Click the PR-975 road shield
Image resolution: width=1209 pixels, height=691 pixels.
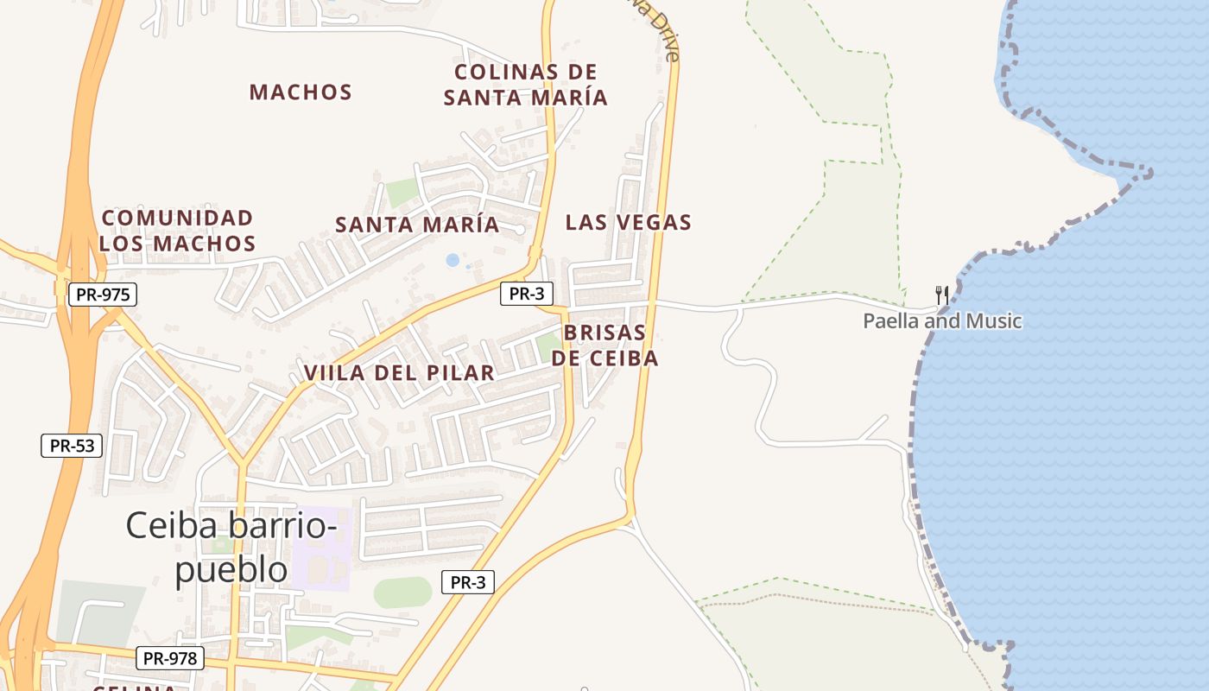click(x=103, y=295)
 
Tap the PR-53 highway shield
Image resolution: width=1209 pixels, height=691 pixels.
click(x=72, y=446)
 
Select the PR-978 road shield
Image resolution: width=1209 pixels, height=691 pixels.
click(x=170, y=658)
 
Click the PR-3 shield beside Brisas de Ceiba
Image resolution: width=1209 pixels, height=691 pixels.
click(x=526, y=294)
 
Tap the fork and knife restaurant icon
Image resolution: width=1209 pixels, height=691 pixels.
click(x=942, y=295)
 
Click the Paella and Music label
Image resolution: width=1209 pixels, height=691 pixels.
click(x=942, y=321)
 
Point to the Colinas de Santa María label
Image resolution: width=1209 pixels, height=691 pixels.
click(x=526, y=85)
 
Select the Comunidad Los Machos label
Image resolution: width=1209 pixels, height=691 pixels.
click(x=177, y=231)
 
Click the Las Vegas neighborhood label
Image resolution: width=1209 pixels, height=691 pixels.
click(x=628, y=223)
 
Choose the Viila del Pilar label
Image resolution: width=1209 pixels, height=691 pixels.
click(x=399, y=373)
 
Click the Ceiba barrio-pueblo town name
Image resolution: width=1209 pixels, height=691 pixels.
click(x=231, y=547)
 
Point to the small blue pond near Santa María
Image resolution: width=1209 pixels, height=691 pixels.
click(x=453, y=260)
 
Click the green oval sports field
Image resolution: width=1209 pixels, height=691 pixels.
click(x=402, y=593)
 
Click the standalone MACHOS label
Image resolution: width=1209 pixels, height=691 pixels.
click(x=301, y=92)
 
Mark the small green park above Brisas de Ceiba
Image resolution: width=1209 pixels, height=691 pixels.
click(x=549, y=346)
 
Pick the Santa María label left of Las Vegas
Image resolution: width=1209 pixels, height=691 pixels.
click(x=417, y=225)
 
